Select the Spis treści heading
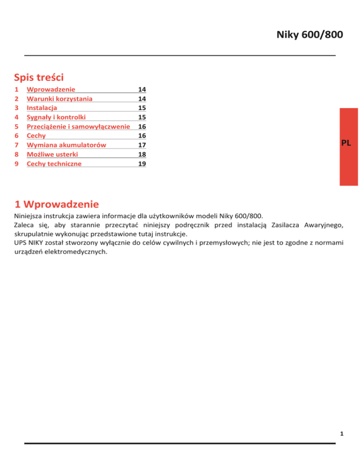coord(39,76)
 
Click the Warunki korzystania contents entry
coord(60,98)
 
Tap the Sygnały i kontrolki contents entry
coord(56,117)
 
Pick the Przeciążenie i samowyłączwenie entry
coord(78,127)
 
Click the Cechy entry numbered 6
coord(36,136)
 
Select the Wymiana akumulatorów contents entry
coord(67,145)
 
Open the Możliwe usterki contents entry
coord(52,154)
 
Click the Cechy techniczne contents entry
coord(54,164)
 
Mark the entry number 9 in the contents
coord(16,164)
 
